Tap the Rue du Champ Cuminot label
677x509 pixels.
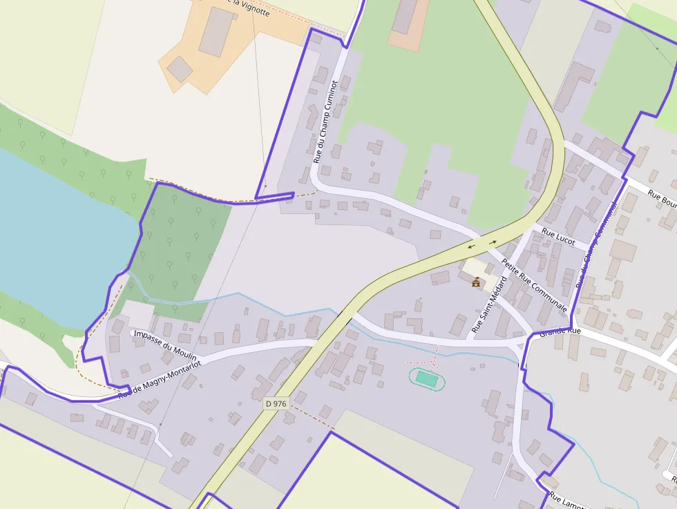[x=325, y=122]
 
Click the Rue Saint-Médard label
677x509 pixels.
[x=489, y=305]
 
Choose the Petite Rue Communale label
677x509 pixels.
[x=534, y=285]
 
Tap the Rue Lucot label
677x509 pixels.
[x=558, y=236]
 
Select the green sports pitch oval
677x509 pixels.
[x=427, y=378]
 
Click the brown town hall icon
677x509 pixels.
[x=476, y=282]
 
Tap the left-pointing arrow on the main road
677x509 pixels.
[x=471, y=245]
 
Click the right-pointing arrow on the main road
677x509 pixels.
[x=493, y=242]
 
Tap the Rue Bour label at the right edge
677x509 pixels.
[x=662, y=198]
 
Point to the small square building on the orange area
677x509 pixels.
[x=180, y=69]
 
